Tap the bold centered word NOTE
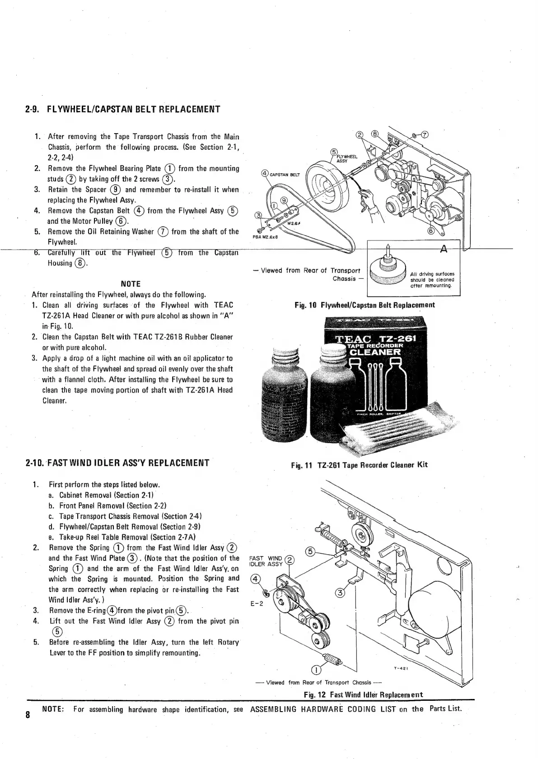(131, 284)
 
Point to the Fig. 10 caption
(365, 305)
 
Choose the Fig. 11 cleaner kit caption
(360, 465)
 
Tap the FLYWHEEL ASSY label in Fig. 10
(347, 158)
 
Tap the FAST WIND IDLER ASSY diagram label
(266, 561)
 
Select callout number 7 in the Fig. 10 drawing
(425, 134)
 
